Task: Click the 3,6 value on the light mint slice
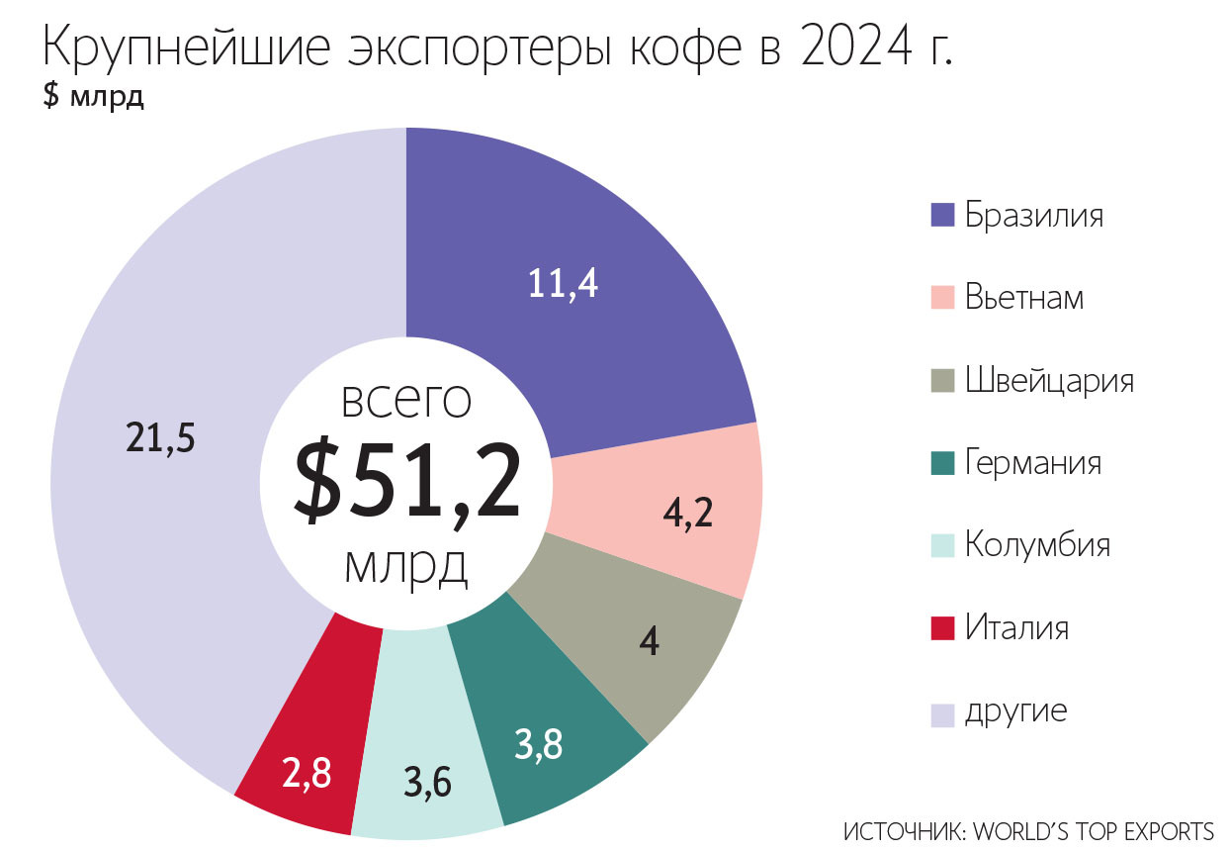(x=427, y=782)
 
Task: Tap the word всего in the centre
(x=406, y=401)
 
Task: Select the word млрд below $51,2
(x=406, y=567)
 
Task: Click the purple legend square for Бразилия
(x=942, y=216)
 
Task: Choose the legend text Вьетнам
(x=1024, y=298)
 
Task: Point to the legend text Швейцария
(x=1049, y=381)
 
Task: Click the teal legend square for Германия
(x=942, y=463)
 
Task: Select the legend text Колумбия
(x=1037, y=545)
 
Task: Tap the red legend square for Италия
(x=942, y=627)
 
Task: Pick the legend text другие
(x=1016, y=710)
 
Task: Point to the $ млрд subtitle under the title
(x=94, y=99)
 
